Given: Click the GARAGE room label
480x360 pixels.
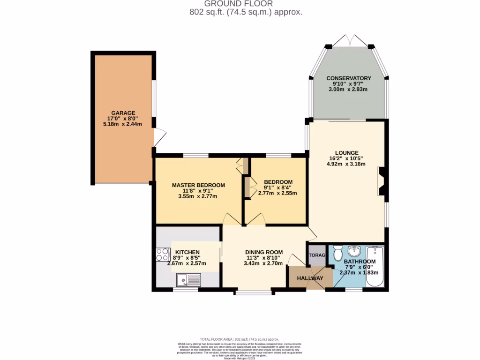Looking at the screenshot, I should (x=123, y=113).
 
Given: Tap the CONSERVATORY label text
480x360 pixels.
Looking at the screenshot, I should (x=349, y=78).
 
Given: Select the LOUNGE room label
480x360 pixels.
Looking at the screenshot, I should (x=347, y=153).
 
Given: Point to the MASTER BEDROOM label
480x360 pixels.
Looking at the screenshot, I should (x=198, y=185).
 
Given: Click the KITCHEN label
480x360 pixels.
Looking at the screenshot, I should (x=187, y=252).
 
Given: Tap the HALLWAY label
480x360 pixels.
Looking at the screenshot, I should (x=310, y=278).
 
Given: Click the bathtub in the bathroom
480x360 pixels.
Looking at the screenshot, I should (x=375, y=266).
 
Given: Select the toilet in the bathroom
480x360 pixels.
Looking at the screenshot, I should (x=337, y=253).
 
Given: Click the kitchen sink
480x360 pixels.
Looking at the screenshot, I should (x=187, y=280).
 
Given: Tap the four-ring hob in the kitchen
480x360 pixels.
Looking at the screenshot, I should (x=163, y=255).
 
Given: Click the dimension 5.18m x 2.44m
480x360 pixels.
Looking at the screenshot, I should (x=123, y=124).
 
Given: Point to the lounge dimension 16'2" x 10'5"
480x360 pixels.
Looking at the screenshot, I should (x=347, y=159).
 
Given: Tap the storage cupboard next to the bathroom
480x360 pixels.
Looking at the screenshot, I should (x=316, y=255).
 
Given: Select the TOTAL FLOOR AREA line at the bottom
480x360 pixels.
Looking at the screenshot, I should (x=240, y=339).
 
